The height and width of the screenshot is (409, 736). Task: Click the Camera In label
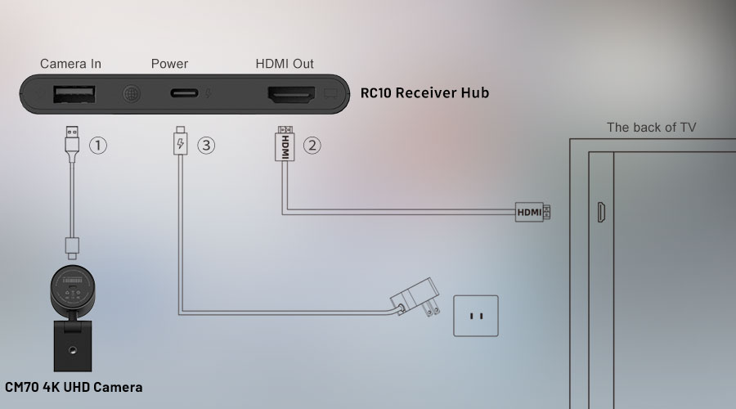tap(70, 64)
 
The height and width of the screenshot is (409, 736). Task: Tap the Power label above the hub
tap(169, 64)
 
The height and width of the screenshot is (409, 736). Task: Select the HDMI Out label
tap(285, 64)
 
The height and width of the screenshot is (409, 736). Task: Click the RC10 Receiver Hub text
tap(424, 93)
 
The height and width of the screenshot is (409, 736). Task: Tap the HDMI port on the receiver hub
tap(289, 94)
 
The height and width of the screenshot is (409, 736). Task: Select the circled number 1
tap(97, 146)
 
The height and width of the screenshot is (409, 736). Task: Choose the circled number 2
tap(312, 146)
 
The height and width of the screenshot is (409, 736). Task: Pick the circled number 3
tap(206, 146)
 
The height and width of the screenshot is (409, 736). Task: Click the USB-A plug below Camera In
tap(71, 140)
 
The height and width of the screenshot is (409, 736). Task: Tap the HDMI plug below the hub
tap(285, 144)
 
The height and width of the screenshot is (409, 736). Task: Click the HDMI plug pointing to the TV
tap(532, 213)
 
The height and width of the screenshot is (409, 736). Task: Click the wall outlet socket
tap(475, 316)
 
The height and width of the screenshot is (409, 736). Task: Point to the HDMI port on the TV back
tap(601, 212)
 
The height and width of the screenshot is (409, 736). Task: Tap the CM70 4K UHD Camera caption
tap(74, 387)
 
